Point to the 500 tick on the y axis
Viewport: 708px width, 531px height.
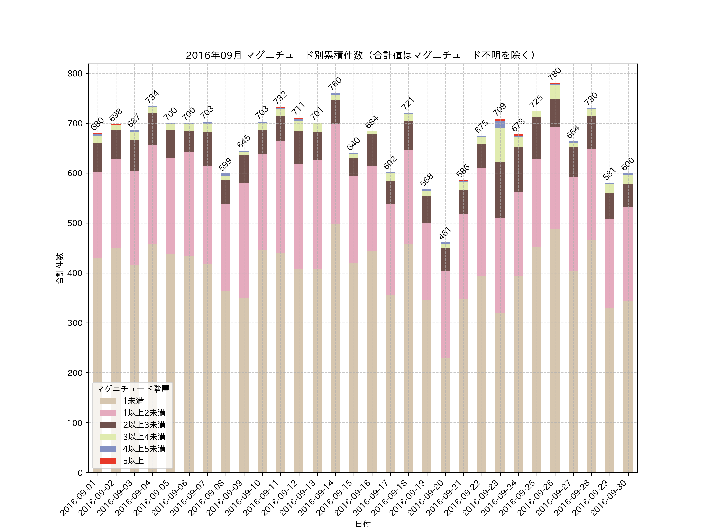75,223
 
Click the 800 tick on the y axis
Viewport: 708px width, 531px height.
75,73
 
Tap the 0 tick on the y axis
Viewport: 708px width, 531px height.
80,473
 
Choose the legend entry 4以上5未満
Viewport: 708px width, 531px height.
144,449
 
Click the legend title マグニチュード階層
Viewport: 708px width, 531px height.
133,389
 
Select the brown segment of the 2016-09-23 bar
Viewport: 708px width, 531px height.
500,190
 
